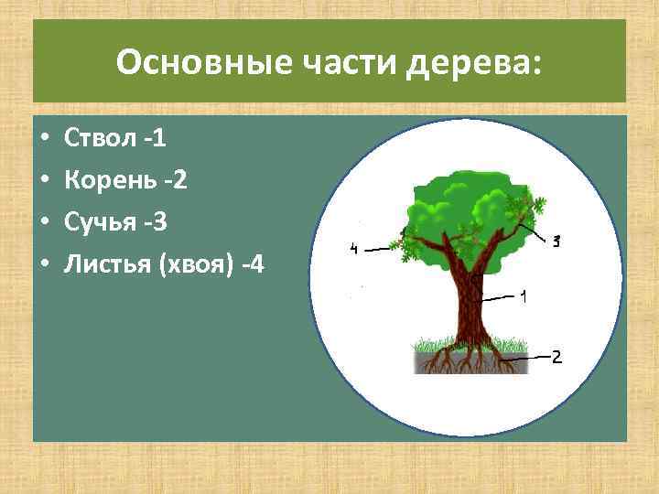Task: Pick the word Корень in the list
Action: [x=104, y=180]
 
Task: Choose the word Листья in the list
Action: [x=106, y=264]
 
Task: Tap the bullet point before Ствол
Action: [x=43, y=140]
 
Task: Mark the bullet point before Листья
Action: [x=43, y=265]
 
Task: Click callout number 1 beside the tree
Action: [x=523, y=296]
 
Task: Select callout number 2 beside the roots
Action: [x=556, y=357]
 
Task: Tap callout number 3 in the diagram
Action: [x=556, y=241]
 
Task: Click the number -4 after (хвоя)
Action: [x=251, y=265]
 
